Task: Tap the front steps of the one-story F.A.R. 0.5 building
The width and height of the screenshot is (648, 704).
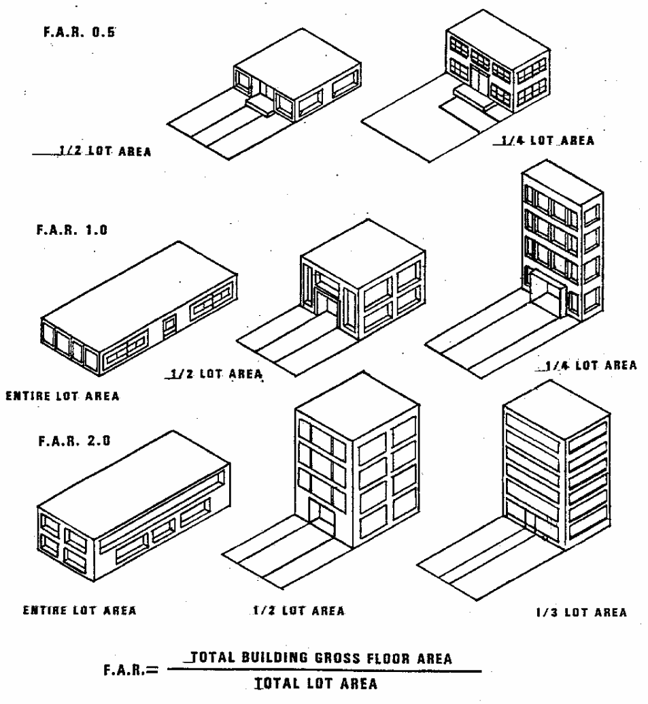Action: (261, 105)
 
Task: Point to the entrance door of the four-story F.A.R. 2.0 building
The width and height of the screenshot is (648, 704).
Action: (321, 517)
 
